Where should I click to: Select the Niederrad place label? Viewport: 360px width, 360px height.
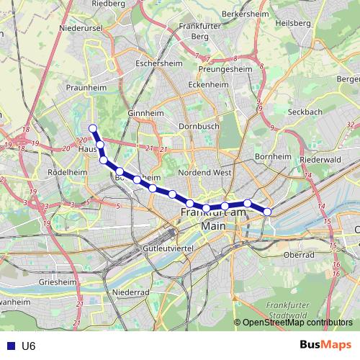pos(131,292)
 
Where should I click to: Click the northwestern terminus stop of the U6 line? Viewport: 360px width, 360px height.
pos(92,128)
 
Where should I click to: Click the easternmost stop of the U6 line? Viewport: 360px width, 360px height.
pos(267,212)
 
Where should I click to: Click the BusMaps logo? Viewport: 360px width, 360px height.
pos(325,345)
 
